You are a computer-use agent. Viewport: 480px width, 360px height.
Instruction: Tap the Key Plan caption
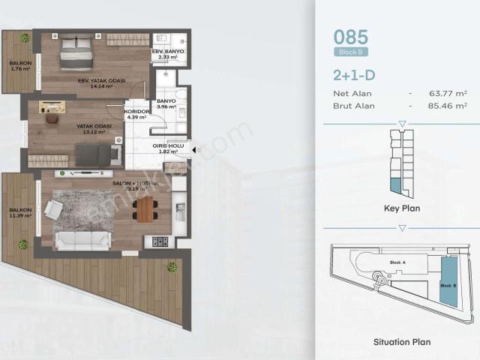401,209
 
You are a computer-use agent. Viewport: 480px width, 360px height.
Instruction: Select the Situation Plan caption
401,342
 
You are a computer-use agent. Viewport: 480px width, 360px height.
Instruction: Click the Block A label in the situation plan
397,262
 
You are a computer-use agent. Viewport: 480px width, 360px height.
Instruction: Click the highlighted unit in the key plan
394,184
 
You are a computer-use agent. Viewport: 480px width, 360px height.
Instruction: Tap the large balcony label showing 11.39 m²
18,213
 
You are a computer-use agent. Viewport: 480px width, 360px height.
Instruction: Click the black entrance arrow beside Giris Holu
194,150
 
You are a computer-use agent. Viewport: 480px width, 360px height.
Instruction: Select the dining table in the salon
144,208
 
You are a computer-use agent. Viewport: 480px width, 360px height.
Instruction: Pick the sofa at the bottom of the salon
82,240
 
